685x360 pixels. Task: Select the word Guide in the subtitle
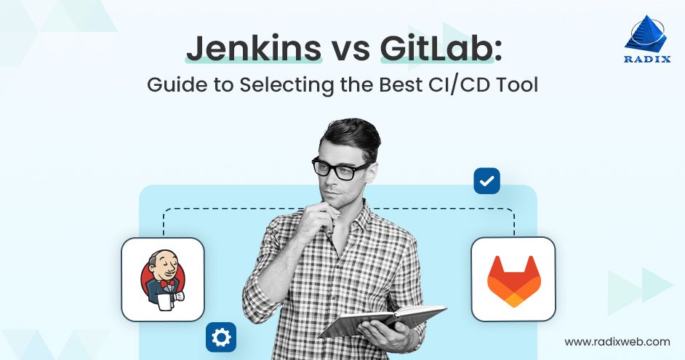click(173, 86)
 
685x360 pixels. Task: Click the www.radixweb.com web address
click(617, 341)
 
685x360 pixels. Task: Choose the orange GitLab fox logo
click(513, 280)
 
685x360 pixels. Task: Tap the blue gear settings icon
click(221, 337)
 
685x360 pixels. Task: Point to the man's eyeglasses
click(340, 168)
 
